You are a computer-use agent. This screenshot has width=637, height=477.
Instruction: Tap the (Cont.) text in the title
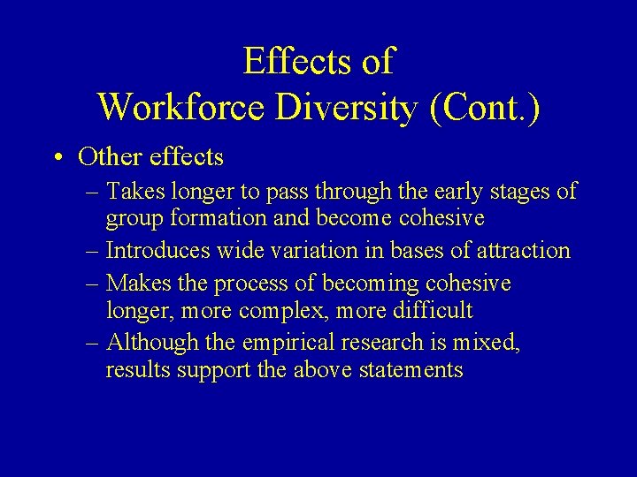tap(484, 107)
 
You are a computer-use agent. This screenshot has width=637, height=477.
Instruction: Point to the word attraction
tap(524, 251)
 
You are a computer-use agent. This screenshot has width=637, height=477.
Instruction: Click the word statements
tap(411, 370)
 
